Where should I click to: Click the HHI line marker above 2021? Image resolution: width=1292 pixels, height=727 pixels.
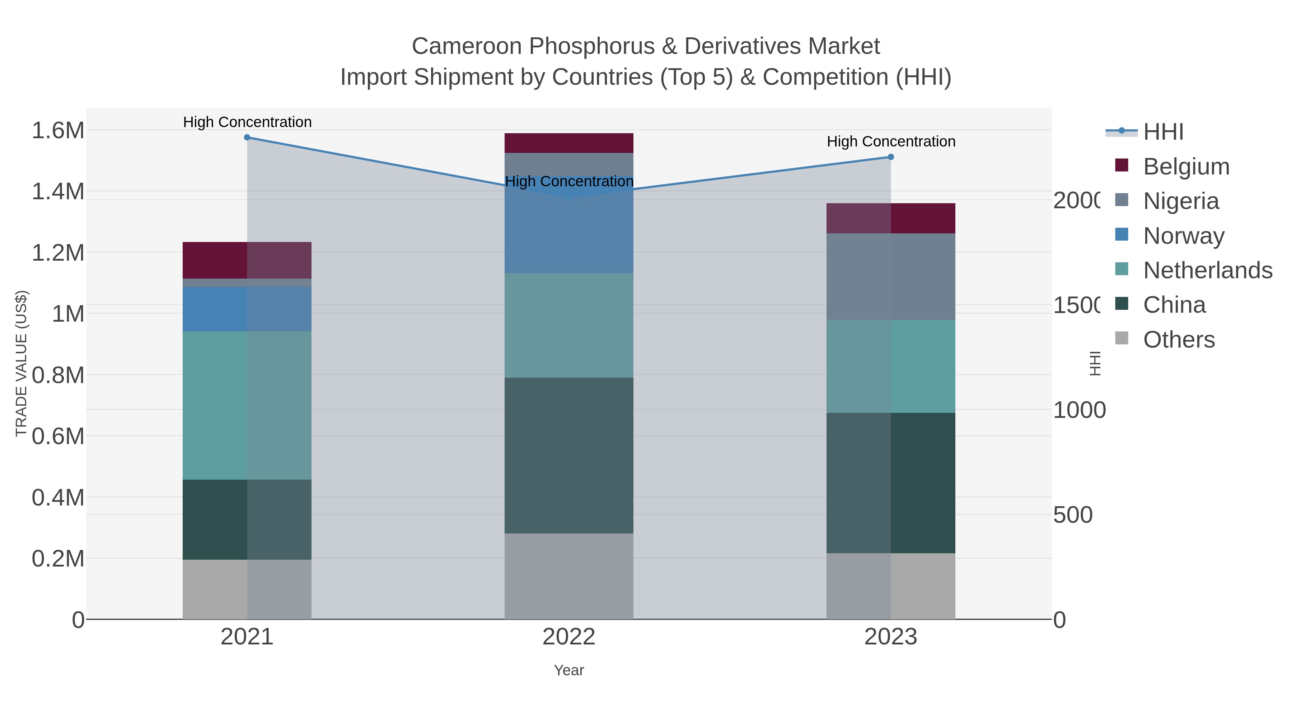pos(247,138)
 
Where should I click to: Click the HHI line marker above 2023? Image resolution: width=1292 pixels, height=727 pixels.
pos(891,157)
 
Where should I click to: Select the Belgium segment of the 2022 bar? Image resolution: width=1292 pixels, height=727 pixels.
pos(569,143)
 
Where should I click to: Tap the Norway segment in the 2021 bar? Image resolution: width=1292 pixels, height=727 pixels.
pos(247,309)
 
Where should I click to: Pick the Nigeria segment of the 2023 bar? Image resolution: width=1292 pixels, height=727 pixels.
pos(891,276)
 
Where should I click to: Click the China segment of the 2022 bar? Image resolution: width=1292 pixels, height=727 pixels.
pos(569,455)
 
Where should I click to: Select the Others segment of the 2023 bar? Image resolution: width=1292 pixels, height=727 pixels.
pos(891,586)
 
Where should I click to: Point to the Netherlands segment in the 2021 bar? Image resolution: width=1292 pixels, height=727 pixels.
pos(247,405)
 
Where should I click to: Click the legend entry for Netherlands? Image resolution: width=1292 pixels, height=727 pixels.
pos(1207,270)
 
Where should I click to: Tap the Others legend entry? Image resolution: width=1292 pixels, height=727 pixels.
pos(1179,340)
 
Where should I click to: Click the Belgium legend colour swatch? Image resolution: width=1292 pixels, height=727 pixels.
pos(1122,166)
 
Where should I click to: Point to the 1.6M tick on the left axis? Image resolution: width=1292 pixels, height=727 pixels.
pos(58,130)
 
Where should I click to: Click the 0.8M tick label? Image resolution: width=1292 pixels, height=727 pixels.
pos(58,375)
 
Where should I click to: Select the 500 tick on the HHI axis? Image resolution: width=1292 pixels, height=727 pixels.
pos(1073,515)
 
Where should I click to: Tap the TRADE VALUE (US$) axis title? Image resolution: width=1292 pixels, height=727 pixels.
pos(21,363)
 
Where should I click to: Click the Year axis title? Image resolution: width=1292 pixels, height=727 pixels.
pos(569,670)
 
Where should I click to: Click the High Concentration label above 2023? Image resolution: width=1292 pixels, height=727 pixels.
pos(891,141)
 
